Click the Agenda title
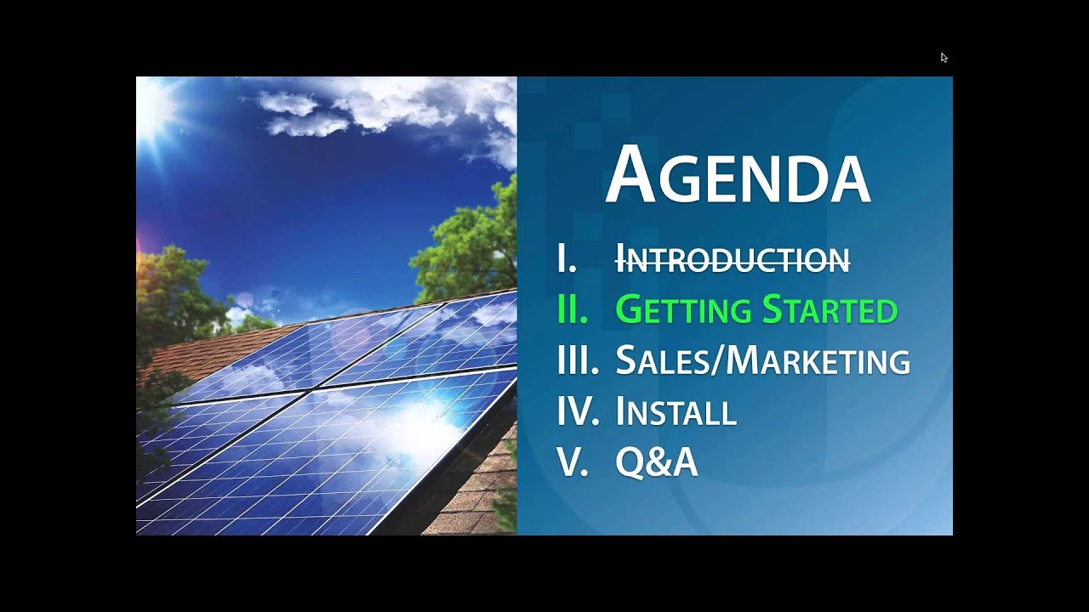(737, 176)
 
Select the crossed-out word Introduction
(732, 259)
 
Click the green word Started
(829, 310)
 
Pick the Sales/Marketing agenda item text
(762, 361)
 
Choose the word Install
(676, 412)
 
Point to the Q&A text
(656, 463)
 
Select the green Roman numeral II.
(573, 310)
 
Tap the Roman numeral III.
(578, 361)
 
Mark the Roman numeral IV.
(578, 412)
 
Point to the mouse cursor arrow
(944, 58)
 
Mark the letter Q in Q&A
(630, 463)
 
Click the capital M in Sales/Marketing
(744, 361)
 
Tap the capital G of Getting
(628, 310)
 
